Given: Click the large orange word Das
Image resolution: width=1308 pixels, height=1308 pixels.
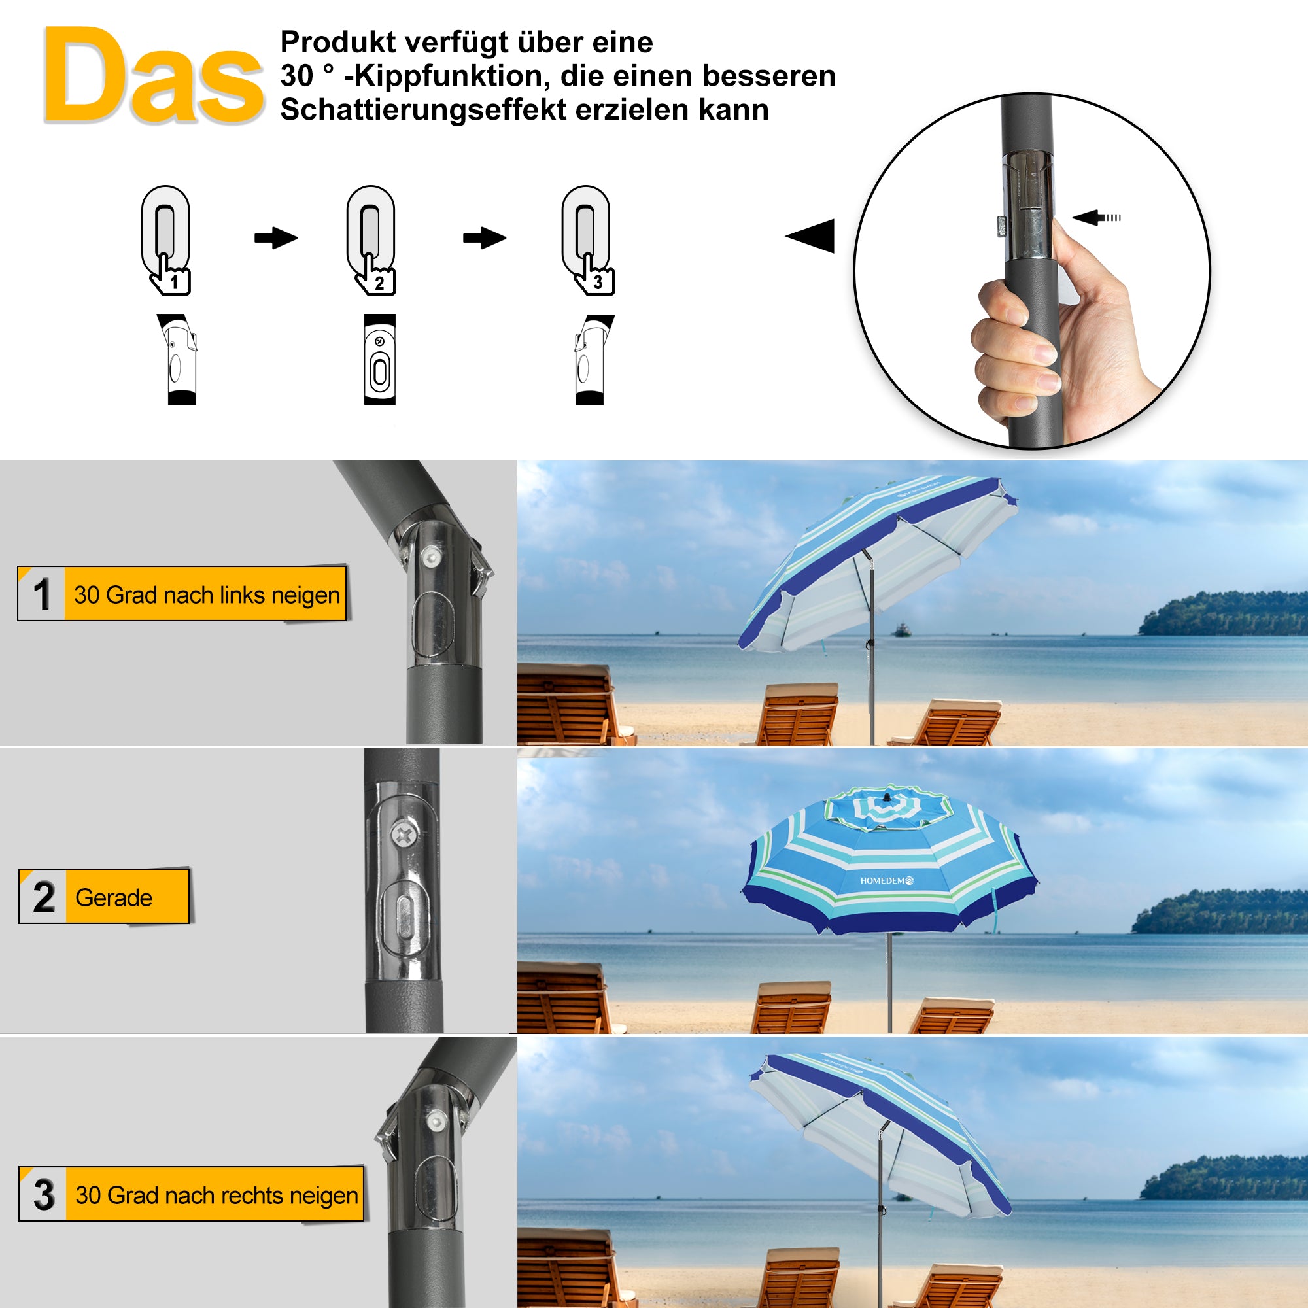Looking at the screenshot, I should [x=153, y=76].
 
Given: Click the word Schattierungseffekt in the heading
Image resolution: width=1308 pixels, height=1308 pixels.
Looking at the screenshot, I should [x=423, y=110].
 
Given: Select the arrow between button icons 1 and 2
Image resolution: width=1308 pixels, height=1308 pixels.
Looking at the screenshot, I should [x=275, y=237].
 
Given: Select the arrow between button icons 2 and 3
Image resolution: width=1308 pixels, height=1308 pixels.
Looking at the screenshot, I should [x=484, y=237].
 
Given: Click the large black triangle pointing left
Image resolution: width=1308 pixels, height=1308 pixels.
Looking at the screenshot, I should [x=812, y=236].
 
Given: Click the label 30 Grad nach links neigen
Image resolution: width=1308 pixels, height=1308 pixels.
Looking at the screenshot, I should [x=206, y=594].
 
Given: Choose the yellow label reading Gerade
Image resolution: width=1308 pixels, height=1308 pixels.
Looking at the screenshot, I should [x=114, y=897].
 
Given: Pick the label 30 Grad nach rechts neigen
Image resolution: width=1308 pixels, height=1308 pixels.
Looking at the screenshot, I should [x=216, y=1195].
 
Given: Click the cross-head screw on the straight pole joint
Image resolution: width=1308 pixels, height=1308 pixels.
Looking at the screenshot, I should [x=404, y=835].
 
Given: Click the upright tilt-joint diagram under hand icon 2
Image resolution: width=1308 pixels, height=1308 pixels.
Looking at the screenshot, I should [x=380, y=360].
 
